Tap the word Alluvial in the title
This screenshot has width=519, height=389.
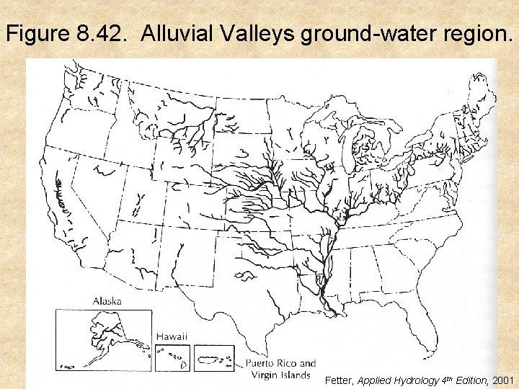[x=179, y=33]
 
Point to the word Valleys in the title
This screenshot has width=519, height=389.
[x=259, y=33]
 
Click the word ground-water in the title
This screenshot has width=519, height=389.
[x=372, y=33]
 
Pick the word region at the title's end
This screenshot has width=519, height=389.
[x=478, y=33]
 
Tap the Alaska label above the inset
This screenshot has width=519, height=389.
[x=107, y=301]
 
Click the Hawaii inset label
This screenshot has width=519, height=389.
[x=172, y=336]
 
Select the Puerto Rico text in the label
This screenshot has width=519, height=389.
[x=280, y=364]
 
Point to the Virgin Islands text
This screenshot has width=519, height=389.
[x=280, y=375]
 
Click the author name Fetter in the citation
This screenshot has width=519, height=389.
[x=339, y=380]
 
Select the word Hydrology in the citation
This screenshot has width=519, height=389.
[x=413, y=380]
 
